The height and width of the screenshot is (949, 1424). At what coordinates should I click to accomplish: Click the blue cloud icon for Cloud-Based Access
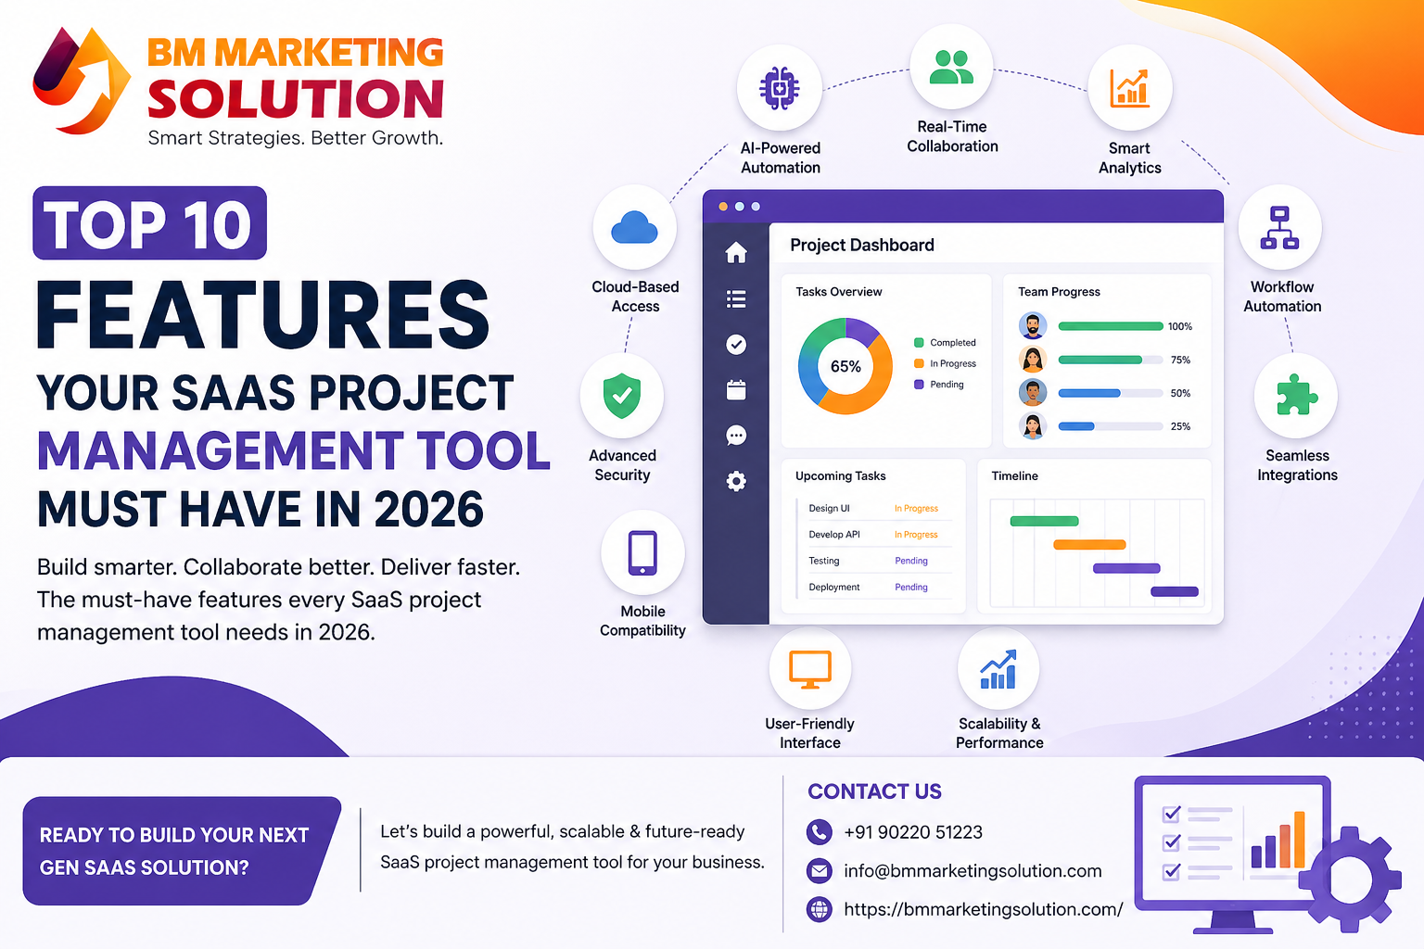[635, 227]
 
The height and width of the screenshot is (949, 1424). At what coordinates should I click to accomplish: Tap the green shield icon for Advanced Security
[622, 396]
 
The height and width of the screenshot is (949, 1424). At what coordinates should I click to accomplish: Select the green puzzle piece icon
[1296, 396]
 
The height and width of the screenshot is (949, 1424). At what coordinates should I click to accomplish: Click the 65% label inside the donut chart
[845, 366]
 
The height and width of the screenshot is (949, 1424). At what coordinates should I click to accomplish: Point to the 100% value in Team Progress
[1179, 326]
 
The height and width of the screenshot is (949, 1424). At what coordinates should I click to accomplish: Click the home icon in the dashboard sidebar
[736, 252]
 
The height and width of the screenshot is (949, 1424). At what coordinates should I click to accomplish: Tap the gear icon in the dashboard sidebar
[736, 481]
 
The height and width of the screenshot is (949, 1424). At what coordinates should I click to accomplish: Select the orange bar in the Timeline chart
[1089, 545]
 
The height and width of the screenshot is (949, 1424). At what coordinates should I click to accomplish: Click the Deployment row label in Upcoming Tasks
[834, 587]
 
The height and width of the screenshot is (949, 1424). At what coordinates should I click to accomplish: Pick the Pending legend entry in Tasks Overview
[946, 384]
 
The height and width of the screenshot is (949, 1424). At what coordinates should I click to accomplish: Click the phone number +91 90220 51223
[913, 832]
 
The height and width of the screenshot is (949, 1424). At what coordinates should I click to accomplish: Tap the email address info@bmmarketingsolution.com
[973, 871]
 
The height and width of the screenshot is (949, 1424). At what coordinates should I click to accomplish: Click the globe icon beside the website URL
[820, 909]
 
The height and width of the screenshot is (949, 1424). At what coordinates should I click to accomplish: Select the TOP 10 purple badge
[149, 223]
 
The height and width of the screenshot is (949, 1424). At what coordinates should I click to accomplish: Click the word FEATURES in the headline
[263, 315]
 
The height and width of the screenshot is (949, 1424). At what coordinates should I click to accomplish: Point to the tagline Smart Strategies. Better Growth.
[295, 138]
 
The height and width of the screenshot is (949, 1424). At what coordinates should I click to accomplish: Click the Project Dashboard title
[862, 245]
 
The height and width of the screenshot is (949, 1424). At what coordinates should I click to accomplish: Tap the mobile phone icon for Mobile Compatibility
[642, 553]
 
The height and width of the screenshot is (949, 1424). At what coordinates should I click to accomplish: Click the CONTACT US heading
[874, 791]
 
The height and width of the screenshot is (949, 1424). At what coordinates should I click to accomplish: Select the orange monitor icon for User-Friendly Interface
[809, 668]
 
